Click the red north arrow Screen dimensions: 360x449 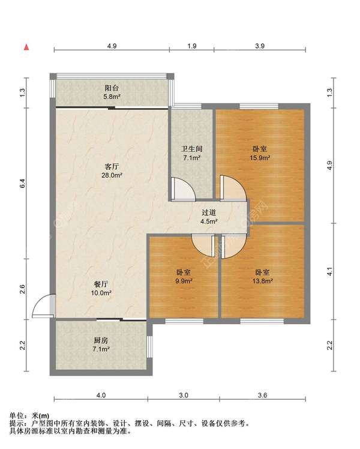26,47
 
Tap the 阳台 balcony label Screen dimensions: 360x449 112,88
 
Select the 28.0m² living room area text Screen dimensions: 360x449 112,175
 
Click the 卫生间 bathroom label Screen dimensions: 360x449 192,149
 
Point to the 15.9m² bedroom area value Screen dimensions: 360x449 260,157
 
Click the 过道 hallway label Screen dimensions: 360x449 209,212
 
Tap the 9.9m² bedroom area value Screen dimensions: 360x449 184,281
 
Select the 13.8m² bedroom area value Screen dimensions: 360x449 262,281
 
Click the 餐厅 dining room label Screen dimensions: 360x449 101,284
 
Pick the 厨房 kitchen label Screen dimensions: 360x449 101,340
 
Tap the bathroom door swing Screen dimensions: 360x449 184,188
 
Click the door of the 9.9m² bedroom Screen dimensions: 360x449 203,246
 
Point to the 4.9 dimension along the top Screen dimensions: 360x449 112,46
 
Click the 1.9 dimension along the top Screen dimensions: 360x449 192,46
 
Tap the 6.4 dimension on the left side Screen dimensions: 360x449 23,183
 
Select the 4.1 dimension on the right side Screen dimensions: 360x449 329,271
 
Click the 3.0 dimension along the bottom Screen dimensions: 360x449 184,395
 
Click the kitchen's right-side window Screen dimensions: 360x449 149,346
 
